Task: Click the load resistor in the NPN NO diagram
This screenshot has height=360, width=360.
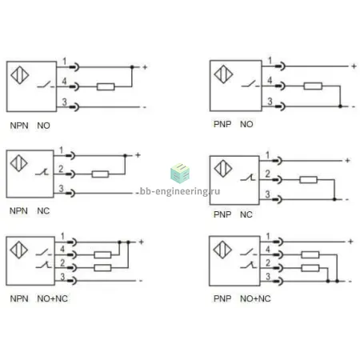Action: [106, 86]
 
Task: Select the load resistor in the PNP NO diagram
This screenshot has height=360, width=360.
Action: [313, 86]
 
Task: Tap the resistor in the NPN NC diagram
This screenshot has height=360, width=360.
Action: [100, 174]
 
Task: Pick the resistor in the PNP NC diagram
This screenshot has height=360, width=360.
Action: [308, 180]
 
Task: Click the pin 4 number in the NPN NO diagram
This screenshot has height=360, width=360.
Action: [64, 81]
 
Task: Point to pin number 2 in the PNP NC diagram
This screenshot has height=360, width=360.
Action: [267, 174]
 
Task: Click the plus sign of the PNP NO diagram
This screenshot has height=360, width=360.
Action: [354, 66]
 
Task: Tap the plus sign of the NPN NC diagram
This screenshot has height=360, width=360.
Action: [138, 154]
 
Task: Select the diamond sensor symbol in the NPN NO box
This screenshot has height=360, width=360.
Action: [20, 75]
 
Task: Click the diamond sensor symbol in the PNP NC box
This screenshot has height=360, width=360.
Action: [223, 168]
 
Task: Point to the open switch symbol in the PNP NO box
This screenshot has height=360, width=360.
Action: [250, 84]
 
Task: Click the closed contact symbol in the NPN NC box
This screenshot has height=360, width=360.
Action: [42, 171]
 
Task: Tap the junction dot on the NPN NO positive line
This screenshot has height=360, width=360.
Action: [132, 67]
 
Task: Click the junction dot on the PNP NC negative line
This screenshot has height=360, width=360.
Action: [334, 199]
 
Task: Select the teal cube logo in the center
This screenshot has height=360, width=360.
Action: [180, 173]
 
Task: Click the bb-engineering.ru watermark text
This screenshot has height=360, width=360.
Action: [180, 191]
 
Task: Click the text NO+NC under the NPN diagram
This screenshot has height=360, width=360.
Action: [52, 298]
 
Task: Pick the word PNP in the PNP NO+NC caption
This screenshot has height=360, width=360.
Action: [222, 298]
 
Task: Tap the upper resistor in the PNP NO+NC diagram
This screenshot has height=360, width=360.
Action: [310, 254]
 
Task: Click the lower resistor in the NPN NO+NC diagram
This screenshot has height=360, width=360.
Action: [102, 267]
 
